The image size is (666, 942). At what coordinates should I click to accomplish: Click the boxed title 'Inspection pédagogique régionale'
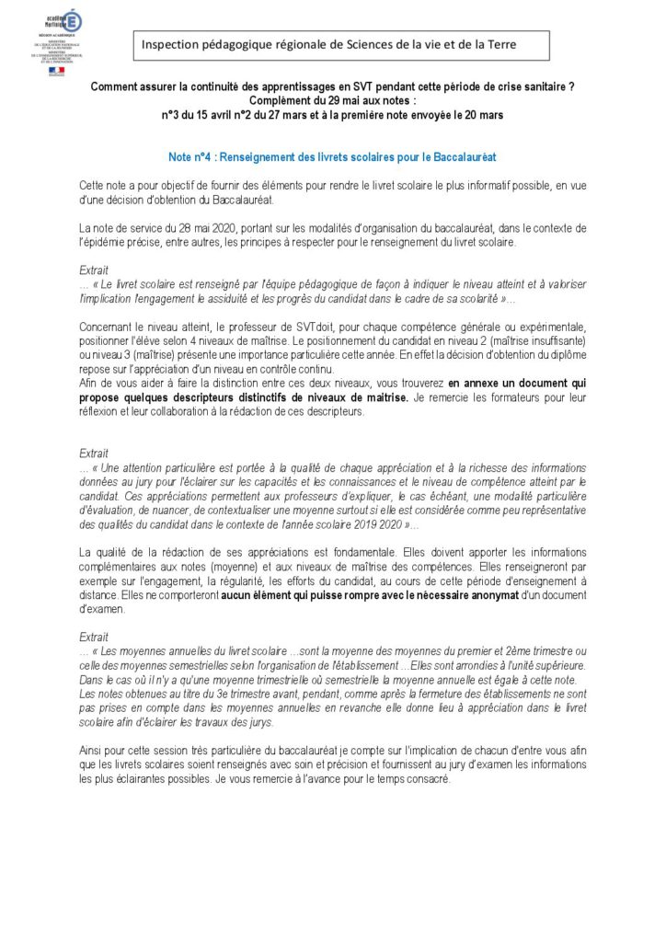(x=341, y=44)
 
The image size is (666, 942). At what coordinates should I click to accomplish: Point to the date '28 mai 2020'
(x=179, y=226)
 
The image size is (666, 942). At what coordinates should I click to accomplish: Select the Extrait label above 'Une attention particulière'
(x=94, y=453)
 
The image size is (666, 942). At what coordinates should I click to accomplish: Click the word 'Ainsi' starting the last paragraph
(x=93, y=752)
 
